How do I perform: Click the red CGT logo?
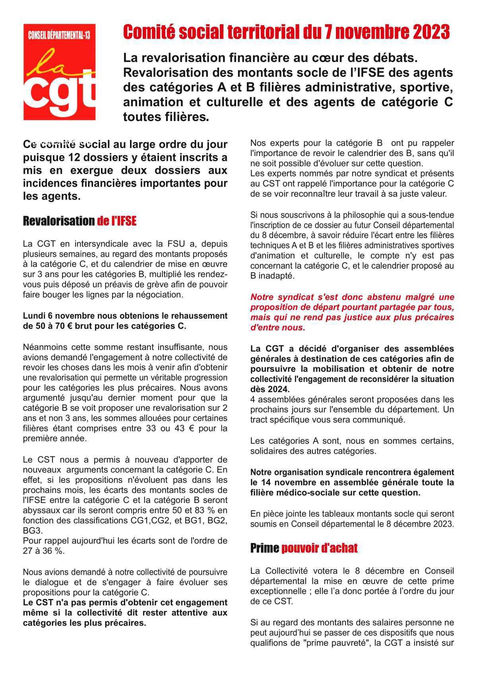pyautogui.click(x=59, y=72)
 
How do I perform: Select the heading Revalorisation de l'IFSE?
pyautogui.click(x=79, y=221)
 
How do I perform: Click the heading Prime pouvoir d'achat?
pyautogui.click(x=304, y=548)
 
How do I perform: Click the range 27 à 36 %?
pyautogui.click(x=44, y=551)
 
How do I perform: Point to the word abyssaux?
pyautogui.click(x=40, y=510)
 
